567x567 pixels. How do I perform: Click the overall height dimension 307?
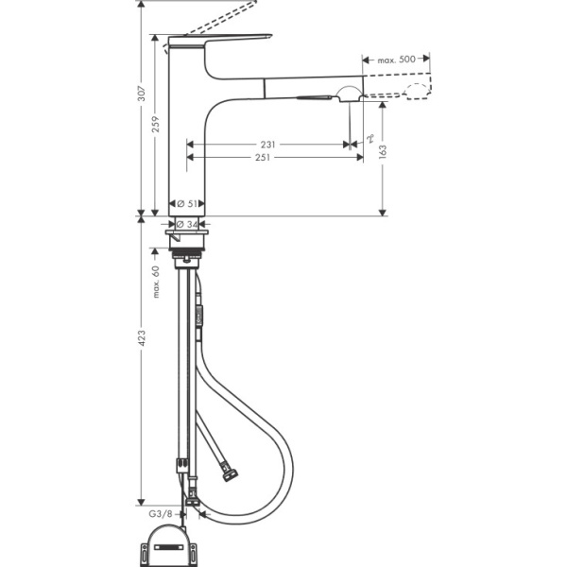pyautogui.click(x=140, y=94)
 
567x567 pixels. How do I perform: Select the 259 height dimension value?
pyautogui.click(x=157, y=124)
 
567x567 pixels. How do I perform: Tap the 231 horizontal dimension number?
pyautogui.click(x=268, y=145)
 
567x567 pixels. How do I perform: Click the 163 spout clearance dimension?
pyautogui.click(x=381, y=150)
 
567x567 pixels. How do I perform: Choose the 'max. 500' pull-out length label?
pyautogui.click(x=397, y=60)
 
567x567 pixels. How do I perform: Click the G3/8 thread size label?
pyautogui.click(x=161, y=513)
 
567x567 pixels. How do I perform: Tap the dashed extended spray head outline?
pyautogui.click(x=416, y=89)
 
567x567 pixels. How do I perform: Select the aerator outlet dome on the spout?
pyautogui.click(x=349, y=92)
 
